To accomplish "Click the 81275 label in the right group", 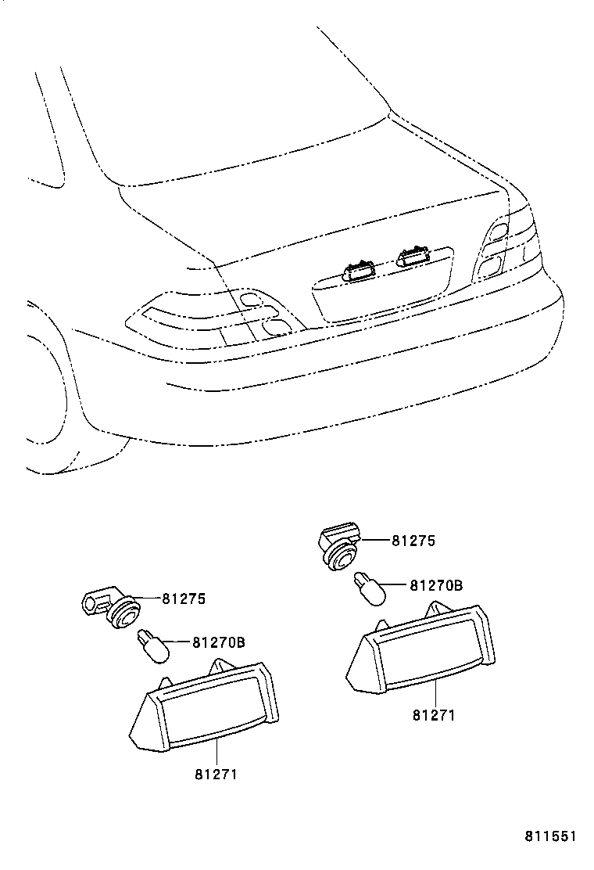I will point(413,541).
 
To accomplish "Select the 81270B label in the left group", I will point(219,642).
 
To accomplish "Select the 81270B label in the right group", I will point(436,584).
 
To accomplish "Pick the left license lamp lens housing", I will point(205,703).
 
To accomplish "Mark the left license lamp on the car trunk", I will point(360,271).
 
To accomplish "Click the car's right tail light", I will point(508,246).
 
